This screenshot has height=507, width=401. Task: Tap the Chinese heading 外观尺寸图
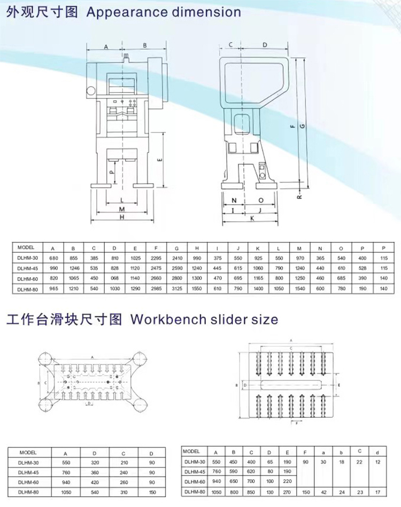pyautogui.click(x=40, y=12)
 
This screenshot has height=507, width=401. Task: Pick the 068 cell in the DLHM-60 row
pyautogui.click(x=115, y=278)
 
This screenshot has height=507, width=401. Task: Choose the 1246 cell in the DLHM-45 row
pyautogui.click(x=74, y=268)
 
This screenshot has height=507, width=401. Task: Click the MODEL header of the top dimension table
pyautogui.click(x=26, y=248)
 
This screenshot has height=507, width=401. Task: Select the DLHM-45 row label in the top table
pyautogui.click(x=28, y=268)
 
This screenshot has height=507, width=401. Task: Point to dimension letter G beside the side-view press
pyautogui.click(x=303, y=126)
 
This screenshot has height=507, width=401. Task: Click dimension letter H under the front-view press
pyautogui.click(x=122, y=217)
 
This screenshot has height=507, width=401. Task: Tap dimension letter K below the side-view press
pyautogui.click(x=251, y=218)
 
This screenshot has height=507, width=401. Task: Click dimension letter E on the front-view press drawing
pyautogui.click(x=160, y=159)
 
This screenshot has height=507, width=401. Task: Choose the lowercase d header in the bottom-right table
pyautogui.click(x=379, y=452)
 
